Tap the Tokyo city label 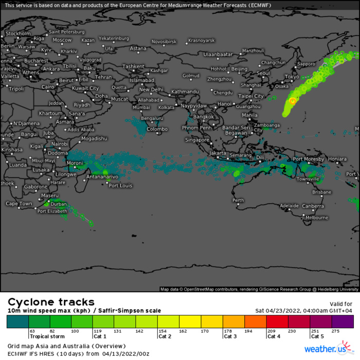point(291,77)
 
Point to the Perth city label point(238,200)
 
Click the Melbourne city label point(316,218)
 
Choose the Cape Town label point(19,204)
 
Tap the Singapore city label point(197,140)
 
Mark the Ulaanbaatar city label point(219,54)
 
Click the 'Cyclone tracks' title point(51,302)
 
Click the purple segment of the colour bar point(343,322)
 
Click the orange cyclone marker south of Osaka point(293,101)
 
